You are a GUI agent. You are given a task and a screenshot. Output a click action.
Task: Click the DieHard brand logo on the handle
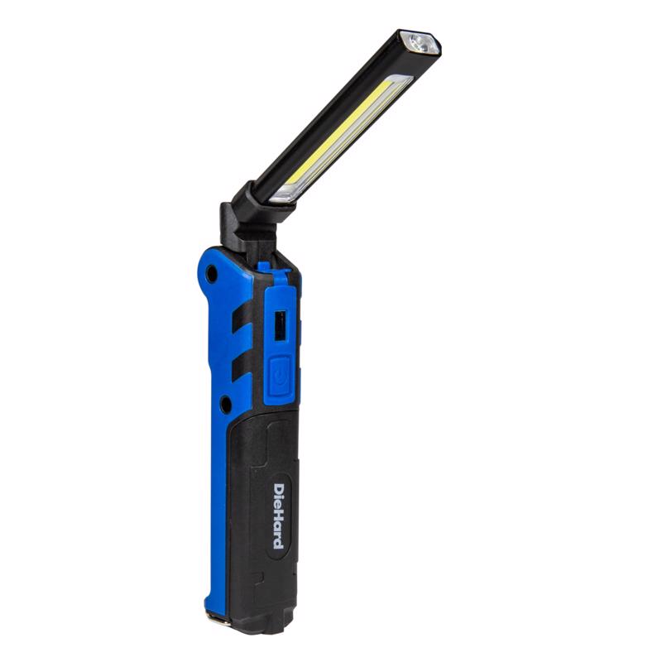click(279, 516)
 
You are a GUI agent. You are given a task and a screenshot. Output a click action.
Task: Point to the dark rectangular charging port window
click(278, 325)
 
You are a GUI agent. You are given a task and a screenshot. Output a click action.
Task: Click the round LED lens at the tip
click(419, 44)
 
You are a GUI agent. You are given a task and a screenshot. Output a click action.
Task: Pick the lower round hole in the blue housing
click(224, 405)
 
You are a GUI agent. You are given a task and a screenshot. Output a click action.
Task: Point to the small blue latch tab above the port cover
click(263, 266)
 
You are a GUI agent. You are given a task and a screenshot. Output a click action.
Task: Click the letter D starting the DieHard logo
click(279, 489)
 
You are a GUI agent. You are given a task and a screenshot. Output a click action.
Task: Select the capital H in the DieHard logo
click(279, 515)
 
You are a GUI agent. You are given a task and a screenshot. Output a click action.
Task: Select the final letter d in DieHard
click(279, 542)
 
